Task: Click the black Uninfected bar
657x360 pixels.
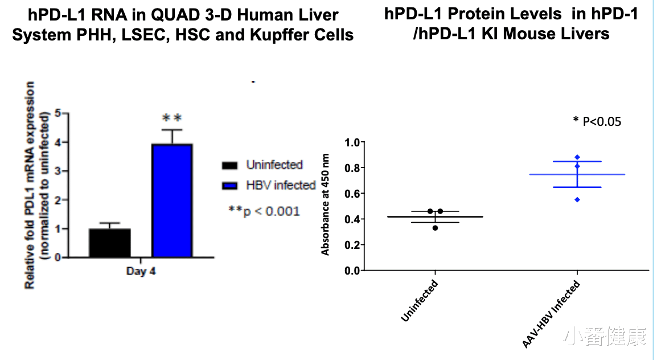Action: pos(110,243)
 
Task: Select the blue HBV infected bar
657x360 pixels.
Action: pos(172,201)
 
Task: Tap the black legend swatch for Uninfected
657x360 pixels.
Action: pos(229,166)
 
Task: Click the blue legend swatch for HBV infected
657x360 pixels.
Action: pos(229,186)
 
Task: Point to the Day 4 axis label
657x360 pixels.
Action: pos(141,271)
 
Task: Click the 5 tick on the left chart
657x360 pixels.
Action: pos(58,113)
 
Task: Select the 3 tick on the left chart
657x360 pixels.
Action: pos(58,171)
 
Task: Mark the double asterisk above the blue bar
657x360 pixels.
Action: pos(172,118)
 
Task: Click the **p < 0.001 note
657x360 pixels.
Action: pos(264,211)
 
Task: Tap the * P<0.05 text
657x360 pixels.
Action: pos(597,121)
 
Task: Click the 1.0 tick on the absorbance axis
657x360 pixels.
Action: pos(352,142)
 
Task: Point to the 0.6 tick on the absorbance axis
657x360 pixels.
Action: pos(352,194)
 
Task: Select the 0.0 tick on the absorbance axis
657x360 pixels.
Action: pos(352,271)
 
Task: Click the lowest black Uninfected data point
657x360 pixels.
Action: pos(436,228)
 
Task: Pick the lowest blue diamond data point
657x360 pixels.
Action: pos(577,199)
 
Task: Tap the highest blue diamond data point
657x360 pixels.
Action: pos(577,157)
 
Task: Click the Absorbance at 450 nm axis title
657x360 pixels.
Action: pos(325,204)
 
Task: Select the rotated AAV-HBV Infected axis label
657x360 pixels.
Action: pos(552,314)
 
